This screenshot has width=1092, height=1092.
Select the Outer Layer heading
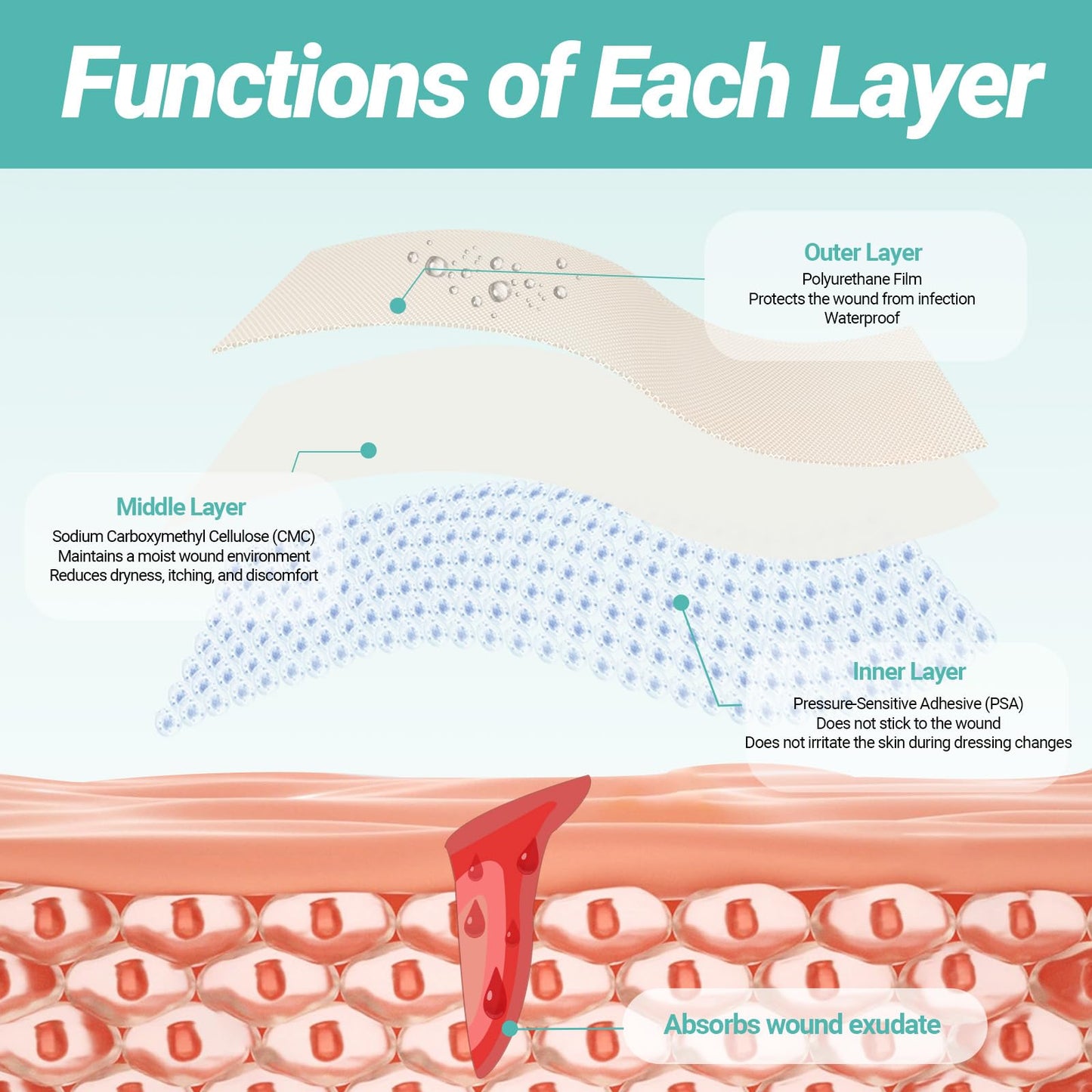pos(862,252)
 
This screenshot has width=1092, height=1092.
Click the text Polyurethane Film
pos(862,279)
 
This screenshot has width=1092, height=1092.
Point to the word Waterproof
pos(862,318)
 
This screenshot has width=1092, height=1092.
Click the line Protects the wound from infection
pos(862,299)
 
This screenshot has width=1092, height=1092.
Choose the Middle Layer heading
pos(181,507)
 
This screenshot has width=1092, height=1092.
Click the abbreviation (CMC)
pos(293,536)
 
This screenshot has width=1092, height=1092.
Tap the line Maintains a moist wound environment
pos(184,556)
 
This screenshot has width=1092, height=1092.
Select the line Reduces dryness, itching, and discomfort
pos(184,575)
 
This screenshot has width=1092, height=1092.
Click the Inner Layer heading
pos(908,672)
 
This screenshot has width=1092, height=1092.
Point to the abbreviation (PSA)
pos(1004,704)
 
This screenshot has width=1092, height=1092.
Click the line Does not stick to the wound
pos(908,723)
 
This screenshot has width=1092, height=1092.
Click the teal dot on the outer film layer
pos(398,305)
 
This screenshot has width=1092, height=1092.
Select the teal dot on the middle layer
pos(368,450)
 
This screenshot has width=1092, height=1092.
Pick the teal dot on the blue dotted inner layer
pos(681,602)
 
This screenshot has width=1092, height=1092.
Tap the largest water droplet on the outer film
pos(435,265)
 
